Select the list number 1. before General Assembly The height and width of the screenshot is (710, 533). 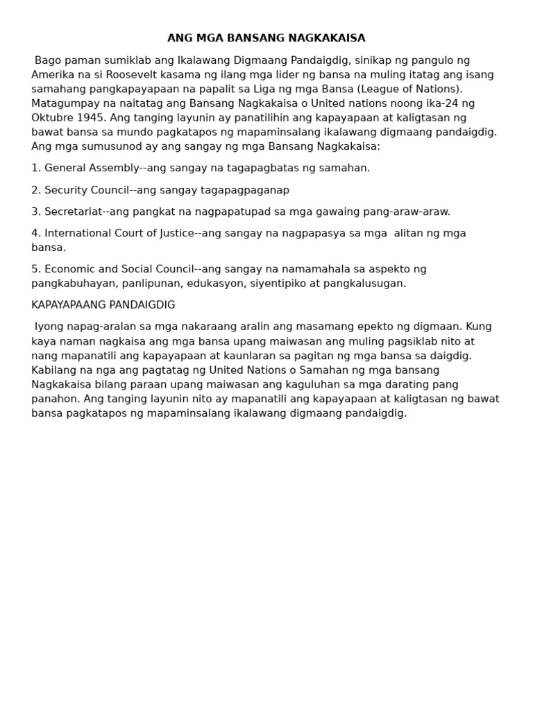coord(36,168)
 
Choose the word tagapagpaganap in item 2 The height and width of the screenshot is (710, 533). coord(246,190)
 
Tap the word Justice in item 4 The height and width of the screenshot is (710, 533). coord(176,233)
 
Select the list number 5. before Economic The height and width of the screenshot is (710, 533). coord(36,269)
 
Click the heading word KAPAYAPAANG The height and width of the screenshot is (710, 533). coord(69,305)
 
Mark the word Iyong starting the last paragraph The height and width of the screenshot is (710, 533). coord(48,327)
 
